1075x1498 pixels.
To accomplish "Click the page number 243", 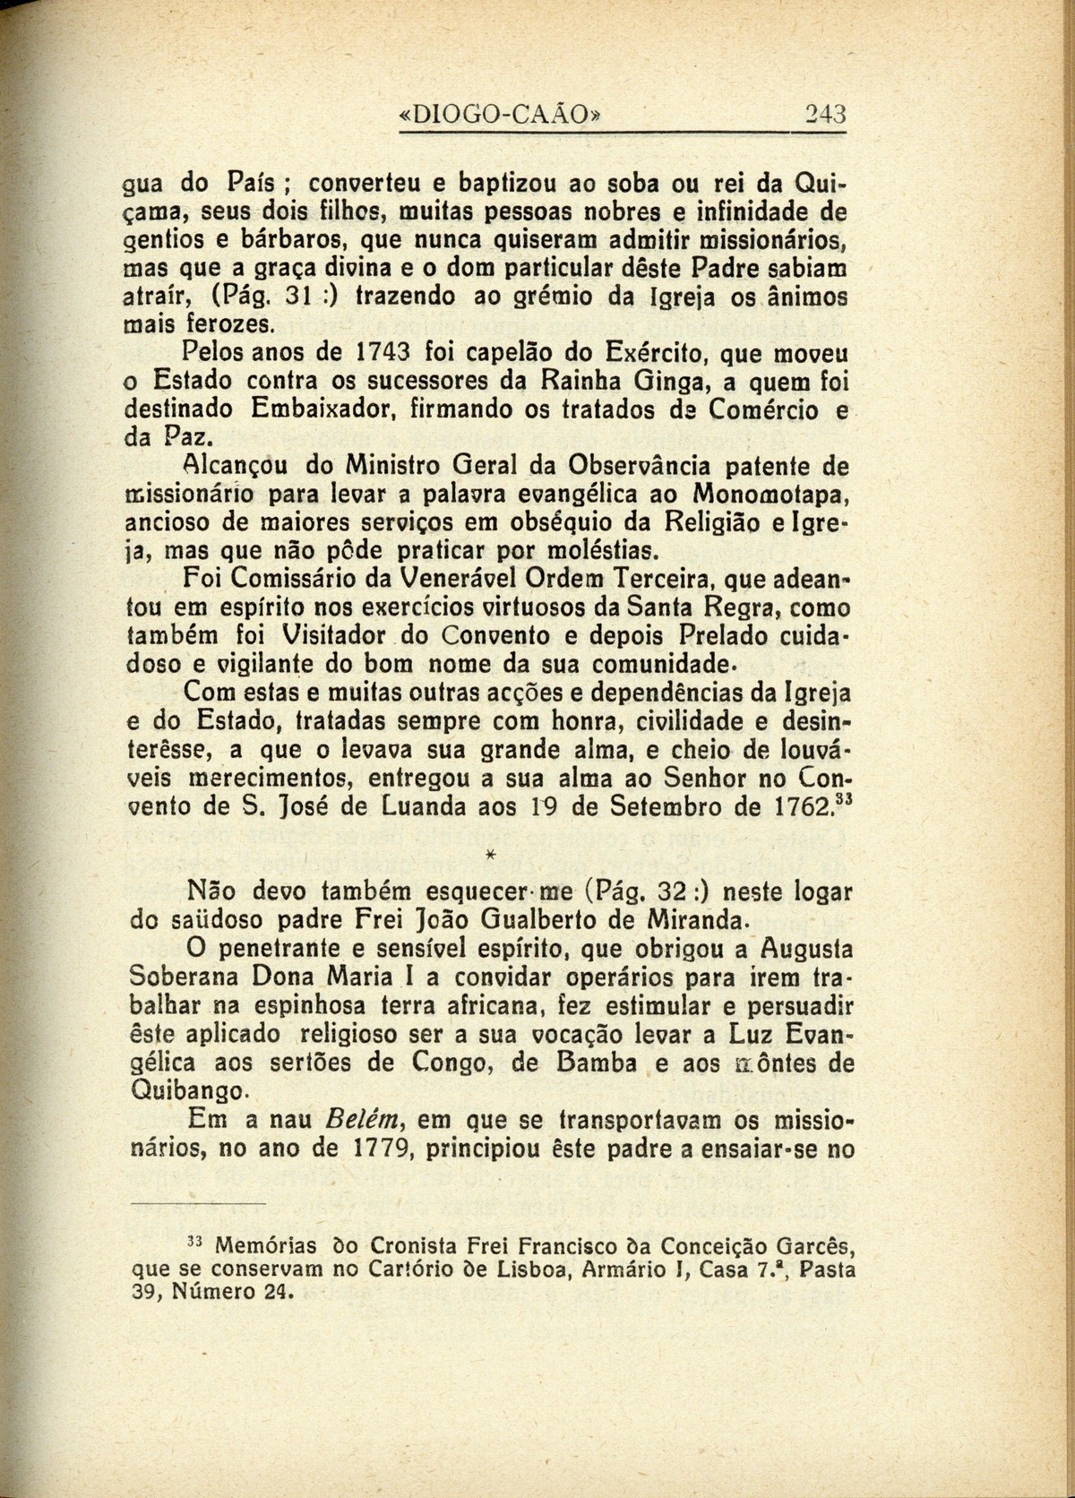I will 825,114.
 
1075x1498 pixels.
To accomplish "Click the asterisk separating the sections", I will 490,856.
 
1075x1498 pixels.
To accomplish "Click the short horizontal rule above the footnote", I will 199,1201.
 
